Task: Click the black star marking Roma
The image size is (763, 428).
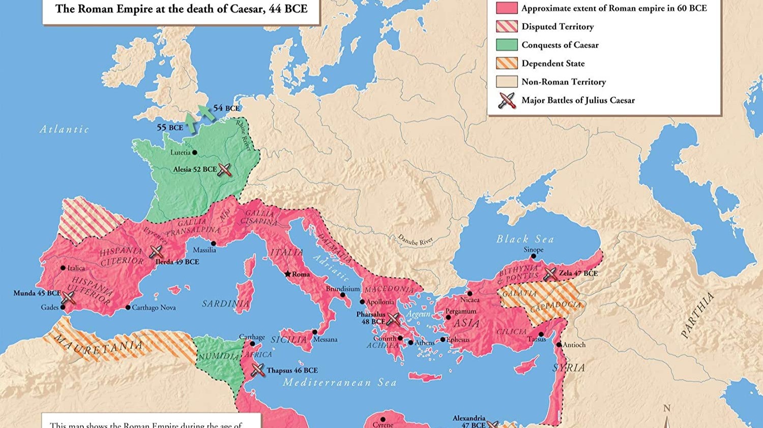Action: tap(287, 274)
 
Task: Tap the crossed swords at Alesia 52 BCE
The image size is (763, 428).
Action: tap(224, 170)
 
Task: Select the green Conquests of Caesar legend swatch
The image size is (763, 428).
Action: tap(507, 45)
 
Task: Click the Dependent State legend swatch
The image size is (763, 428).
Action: tap(507, 63)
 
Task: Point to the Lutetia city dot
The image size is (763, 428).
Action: tap(195, 152)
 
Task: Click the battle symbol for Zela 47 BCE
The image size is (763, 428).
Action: tap(550, 274)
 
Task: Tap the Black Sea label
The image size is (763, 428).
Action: tap(525, 239)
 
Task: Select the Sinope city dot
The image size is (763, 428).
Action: tap(533, 257)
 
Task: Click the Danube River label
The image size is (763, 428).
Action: tap(416, 239)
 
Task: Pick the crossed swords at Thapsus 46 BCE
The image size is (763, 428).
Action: tap(258, 370)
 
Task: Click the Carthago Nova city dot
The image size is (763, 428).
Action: tap(128, 308)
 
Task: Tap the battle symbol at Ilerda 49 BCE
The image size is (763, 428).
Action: tap(156, 252)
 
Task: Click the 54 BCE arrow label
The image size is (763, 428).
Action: tap(226, 108)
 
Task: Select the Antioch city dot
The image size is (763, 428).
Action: tap(559, 345)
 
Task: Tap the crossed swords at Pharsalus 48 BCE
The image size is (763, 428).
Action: tap(394, 319)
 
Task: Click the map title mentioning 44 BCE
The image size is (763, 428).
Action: tap(181, 9)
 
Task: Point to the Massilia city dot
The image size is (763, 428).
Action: tap(213, 243)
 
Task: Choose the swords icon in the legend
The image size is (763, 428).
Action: tap(507, 100)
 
